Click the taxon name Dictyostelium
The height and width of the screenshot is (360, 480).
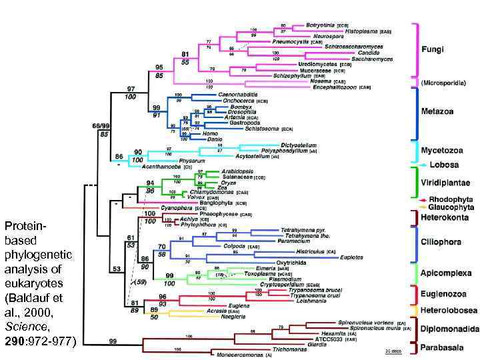298,145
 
